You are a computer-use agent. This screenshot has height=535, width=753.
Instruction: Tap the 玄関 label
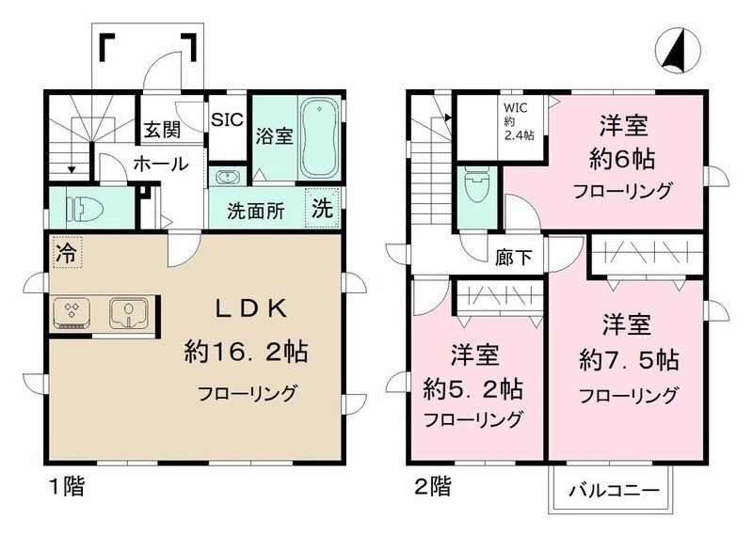[x=163, y=130]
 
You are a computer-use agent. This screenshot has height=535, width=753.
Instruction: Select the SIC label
[x=227, y=119]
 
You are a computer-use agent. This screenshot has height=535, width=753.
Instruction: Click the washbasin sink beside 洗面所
[x=227, y=177]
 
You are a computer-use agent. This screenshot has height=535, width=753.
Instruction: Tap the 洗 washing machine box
[x=323, y=209]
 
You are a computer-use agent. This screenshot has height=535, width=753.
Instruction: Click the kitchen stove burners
[x=72, y=312]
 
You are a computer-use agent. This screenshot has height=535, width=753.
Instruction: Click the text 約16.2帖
[x=247, y=354]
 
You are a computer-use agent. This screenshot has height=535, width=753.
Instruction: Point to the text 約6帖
[x=624, y=158]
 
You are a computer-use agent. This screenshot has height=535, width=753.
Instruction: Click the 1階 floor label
[x=65, y=488]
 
